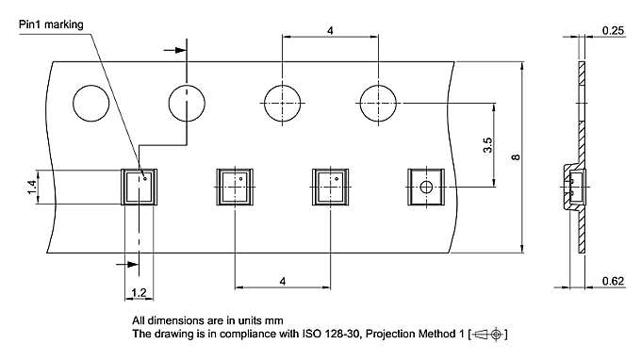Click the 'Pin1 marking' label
(51, 25)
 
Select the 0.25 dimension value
(614, 30)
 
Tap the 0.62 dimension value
(614, 281)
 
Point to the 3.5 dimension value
(487, 145)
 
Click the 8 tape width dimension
(517, 157)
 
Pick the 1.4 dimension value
(32, 188)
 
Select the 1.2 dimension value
(139, 292)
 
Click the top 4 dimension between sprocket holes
(330, 30)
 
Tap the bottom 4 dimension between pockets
(283, 281)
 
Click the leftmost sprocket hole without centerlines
(91, 104)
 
